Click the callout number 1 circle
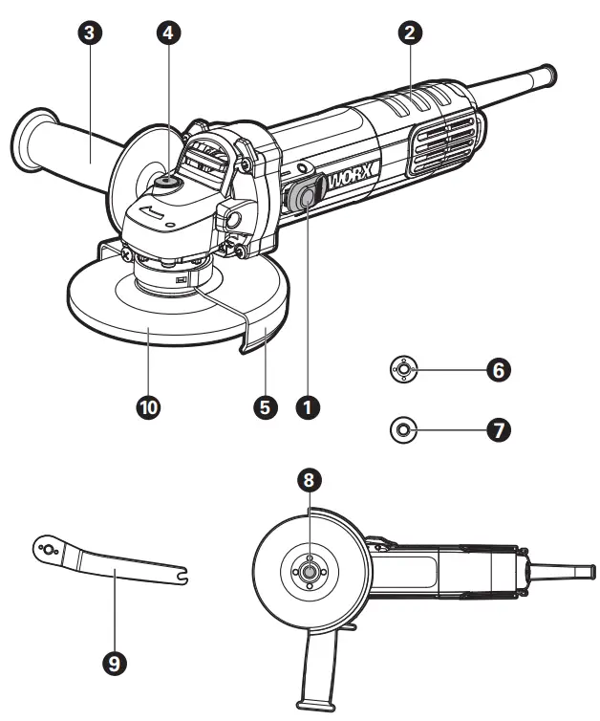307,406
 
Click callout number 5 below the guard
267,406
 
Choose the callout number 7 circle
497,429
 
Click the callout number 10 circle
148,406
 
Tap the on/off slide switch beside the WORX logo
304,196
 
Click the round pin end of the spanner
47,549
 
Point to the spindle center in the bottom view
308,570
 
